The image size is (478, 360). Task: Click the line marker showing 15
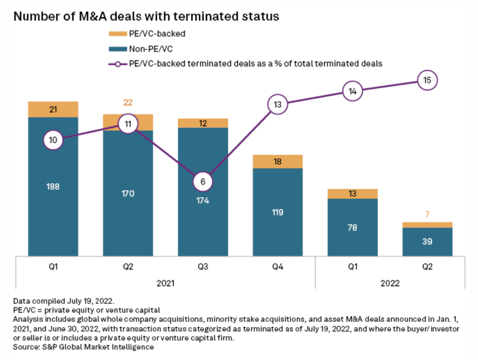click(x=427, y=80)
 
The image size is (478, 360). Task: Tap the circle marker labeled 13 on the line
click(x=278, y=104)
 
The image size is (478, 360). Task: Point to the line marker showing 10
click(x=53, y=140)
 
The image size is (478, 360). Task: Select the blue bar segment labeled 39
click(x=427, y=241)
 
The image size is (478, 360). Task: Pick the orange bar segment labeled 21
click(x=53, y=109)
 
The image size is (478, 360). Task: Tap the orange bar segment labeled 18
click(x=278, y=161)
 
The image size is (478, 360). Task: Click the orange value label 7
click(x=427, y=215)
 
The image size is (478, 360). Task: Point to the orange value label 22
click(x=128, y=103)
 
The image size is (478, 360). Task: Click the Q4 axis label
click(x=278, y=267)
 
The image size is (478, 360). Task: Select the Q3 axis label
click(x=203, y=267)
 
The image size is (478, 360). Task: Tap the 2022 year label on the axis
click(x=390, y=283)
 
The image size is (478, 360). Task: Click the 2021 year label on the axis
click(x=166, y=283)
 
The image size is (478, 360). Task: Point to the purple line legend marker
click(x=117, y=64)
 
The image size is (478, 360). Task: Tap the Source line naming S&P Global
click(x=84, y=346)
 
